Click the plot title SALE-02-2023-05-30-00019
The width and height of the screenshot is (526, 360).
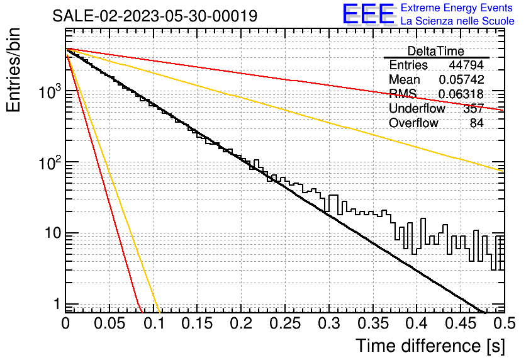tap(155, 16)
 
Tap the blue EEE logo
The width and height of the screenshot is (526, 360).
tap(369, 14)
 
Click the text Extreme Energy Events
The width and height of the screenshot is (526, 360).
tap(457, 8)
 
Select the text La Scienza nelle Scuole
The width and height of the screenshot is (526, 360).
tap(457, 21)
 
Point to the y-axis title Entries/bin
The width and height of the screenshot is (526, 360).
tap(13, 70)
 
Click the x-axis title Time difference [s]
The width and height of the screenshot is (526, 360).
tap(430, 346)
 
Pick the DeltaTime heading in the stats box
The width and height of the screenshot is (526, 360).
tap(435, 51)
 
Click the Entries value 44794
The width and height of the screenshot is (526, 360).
tap(466, 65)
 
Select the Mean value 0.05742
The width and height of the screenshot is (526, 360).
tap(461, 79)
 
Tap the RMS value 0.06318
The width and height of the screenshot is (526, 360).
tap(461, 94)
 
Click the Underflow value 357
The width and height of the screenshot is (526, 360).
tap(473, 108)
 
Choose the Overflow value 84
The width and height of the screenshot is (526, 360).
tap(477, 123)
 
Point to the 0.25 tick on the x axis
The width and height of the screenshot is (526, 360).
tap(285, 323)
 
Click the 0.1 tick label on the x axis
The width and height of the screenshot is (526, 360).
tap(154, 323)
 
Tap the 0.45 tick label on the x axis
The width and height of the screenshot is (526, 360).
tap(461, 323)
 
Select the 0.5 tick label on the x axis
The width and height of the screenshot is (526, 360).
tap(505, 323)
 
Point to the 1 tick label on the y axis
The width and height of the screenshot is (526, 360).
tap(57, 305)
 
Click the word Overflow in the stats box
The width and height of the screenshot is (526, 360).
tap(413, 123)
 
